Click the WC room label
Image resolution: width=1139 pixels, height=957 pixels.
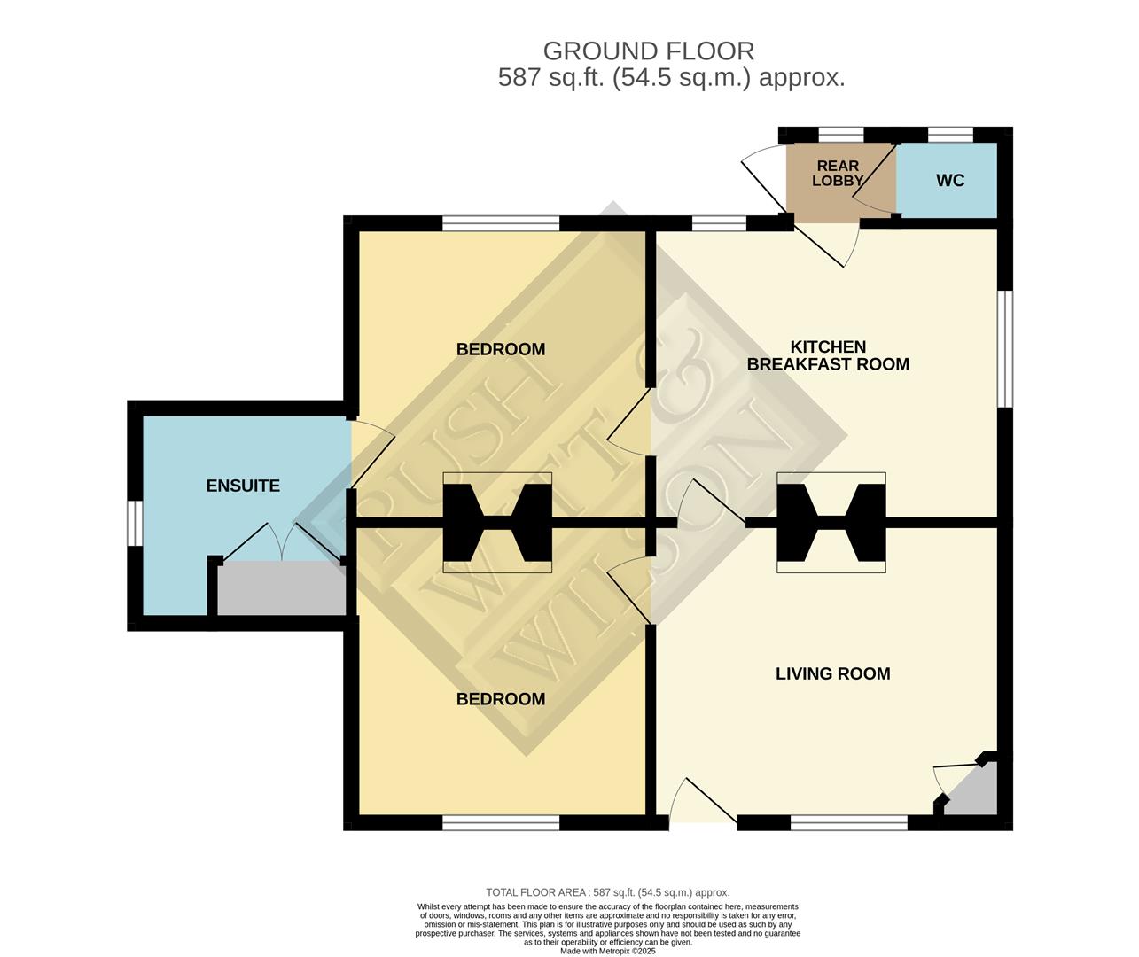point(949,181)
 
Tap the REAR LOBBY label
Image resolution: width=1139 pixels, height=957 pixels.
point(838,174)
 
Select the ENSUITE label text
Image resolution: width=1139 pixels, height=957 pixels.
point(243,486)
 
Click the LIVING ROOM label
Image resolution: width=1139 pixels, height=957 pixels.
point(832,673)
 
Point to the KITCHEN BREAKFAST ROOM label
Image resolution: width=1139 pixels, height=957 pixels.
point(828,355)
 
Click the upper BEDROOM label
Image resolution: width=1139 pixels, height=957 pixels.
point(500,349)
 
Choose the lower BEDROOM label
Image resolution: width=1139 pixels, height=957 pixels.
point(500,699)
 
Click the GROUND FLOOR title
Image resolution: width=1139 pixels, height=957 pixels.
point(648,51)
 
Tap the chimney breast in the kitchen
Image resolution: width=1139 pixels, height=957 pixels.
point(831,523)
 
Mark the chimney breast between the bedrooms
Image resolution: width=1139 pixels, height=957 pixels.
point(496,523)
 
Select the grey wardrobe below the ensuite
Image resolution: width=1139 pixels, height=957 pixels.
point(281,588)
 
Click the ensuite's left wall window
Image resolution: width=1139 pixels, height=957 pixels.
point(135,524)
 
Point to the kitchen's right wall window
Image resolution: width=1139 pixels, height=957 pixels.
point(1005,348)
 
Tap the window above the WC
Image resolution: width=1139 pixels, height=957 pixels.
point(949,135)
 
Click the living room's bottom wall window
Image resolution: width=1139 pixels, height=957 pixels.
point(848,823)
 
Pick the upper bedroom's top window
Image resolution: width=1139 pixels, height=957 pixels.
point(501,223)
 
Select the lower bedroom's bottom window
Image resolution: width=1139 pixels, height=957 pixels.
point(501,823)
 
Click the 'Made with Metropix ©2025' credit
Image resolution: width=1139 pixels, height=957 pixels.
point(607,951)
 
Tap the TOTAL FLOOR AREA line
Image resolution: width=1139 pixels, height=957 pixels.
point(607,892)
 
